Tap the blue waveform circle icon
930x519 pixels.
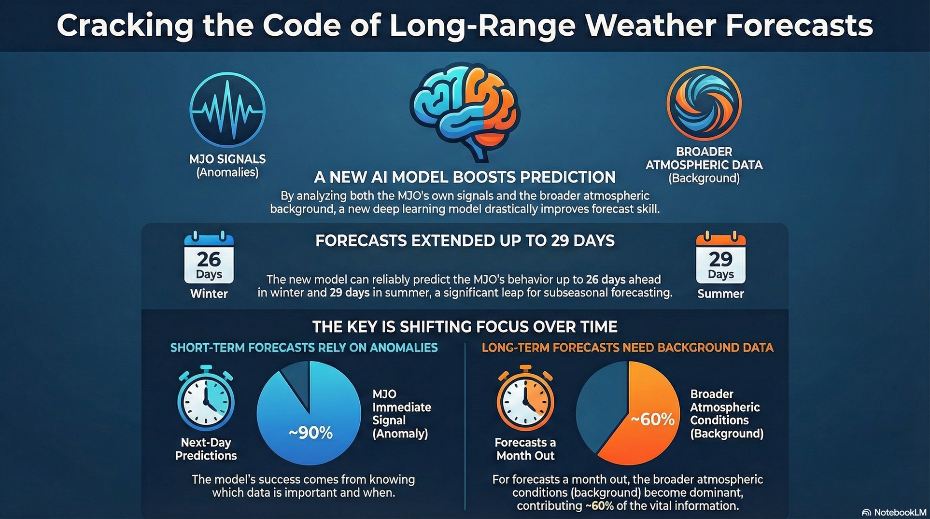pyautogui.click(x=227, y=110)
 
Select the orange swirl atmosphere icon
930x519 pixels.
pyautogui.click(x=704, y=103)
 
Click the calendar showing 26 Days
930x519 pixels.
pyautogui.click(x=209, y=259)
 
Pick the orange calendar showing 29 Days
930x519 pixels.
pyautogui.click(x=720, y=259)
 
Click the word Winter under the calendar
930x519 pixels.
pyautogui.click(x=209, y=294)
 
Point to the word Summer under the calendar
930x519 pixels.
pyautogui.click(x=720, y=294)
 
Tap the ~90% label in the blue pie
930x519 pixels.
pyautogui.click(x=310, y=433)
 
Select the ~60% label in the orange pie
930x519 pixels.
pyautogui.click(x=652, y=419)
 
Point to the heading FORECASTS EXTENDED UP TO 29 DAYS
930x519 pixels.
pyautogui.click(x=465, y=240)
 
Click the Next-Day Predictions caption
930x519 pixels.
pyautogui.click(x=206, y=449)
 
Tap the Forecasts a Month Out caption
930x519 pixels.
pyautogui.click(x=525, y=449)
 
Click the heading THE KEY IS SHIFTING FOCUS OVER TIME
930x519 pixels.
pyautogui.click(x=465, y=327)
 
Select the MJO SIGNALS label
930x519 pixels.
pyautogui.click(x=227, y=159)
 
